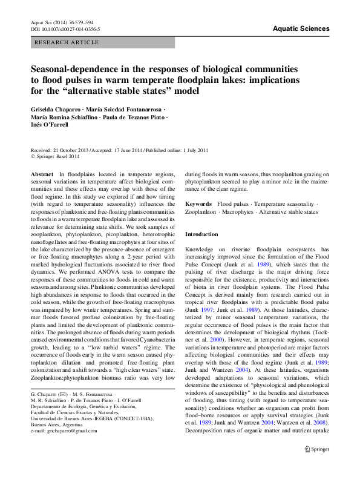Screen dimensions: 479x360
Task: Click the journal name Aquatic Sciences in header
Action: [301, 28]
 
